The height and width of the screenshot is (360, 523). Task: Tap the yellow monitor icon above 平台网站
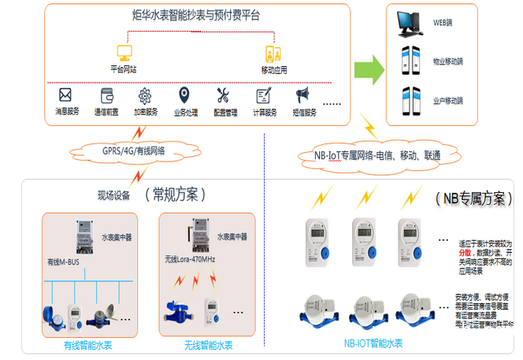[124, 53]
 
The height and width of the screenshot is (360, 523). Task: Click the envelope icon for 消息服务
[65, 95]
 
